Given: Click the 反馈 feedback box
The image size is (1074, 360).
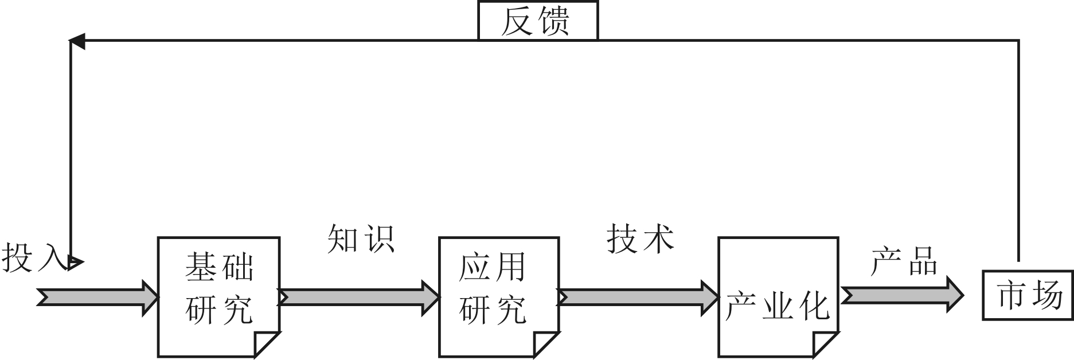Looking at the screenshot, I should point(537,21).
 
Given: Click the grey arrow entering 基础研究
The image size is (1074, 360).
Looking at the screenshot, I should point(97,298).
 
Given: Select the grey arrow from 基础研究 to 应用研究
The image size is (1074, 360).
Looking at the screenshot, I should point(359,297).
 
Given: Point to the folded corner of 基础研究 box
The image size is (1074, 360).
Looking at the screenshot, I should point(266,344).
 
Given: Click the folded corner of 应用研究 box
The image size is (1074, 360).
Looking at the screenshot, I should point(545,344).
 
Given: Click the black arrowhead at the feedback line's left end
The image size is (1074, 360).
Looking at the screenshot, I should point(77,41).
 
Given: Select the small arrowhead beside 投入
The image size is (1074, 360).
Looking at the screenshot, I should point(75,263).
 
